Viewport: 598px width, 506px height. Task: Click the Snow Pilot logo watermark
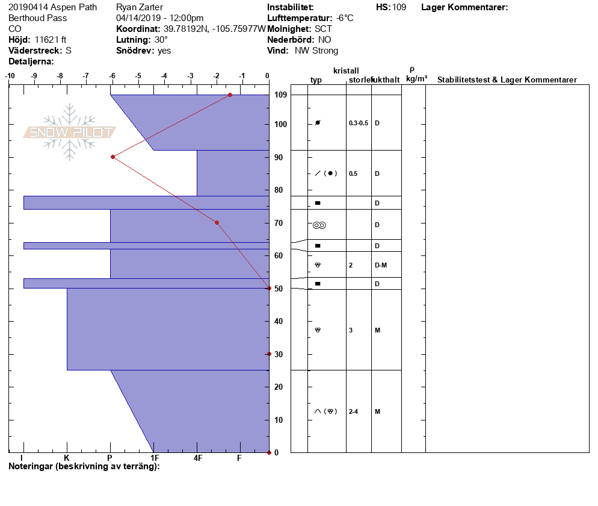coord(69,132)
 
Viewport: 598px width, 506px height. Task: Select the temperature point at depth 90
coord(113,157)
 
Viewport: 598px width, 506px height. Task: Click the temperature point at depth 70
coord(217,223)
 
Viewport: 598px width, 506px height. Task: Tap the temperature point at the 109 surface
coord(230,95)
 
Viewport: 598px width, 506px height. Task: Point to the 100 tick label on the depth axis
coord(281,125)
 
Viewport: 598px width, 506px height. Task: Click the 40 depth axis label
coord(279,322)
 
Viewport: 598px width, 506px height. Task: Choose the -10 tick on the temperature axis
coord(10,76)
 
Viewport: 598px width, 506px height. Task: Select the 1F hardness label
coord(155,458)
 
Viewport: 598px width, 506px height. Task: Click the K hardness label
coord(67,458)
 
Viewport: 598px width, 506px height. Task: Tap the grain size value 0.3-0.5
coord(359,123)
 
